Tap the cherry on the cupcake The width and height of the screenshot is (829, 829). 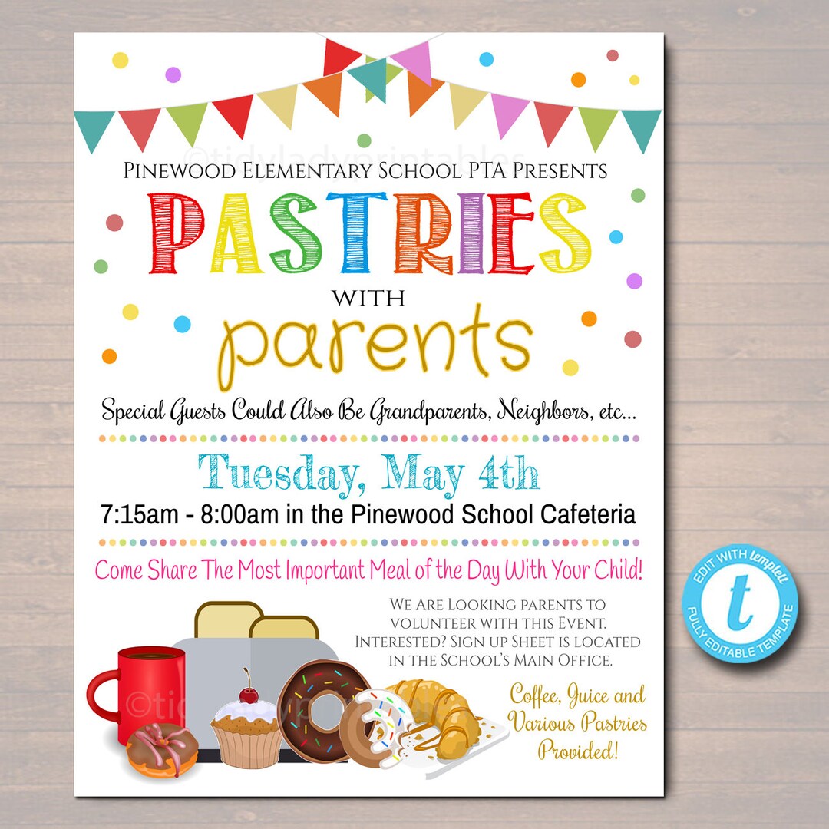coord(247,695)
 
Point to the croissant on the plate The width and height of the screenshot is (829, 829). coord(441,718)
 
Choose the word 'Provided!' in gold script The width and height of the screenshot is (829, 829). coord(578,749)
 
